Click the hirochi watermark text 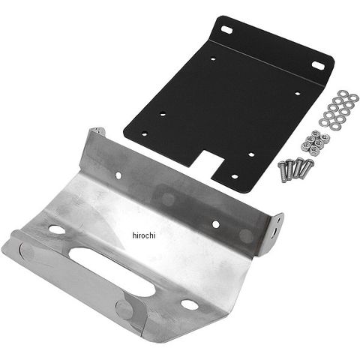(x=144, y=235)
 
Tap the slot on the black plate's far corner (x=227, y=29)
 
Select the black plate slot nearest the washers (x=318, y=64)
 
